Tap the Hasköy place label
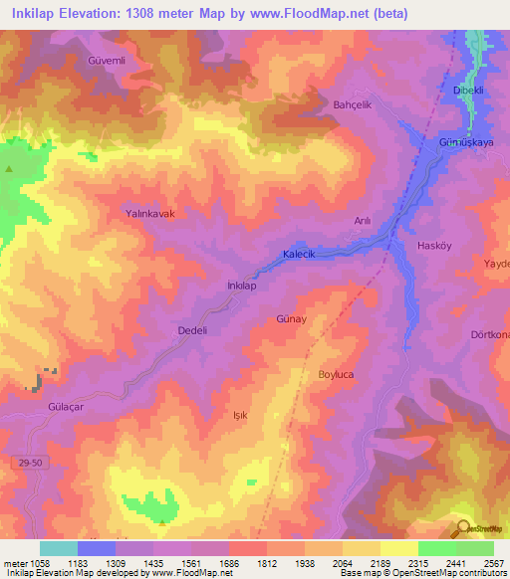[x=436, y=245]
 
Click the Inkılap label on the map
[x=243, y=286]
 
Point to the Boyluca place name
[x=337, y=374]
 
